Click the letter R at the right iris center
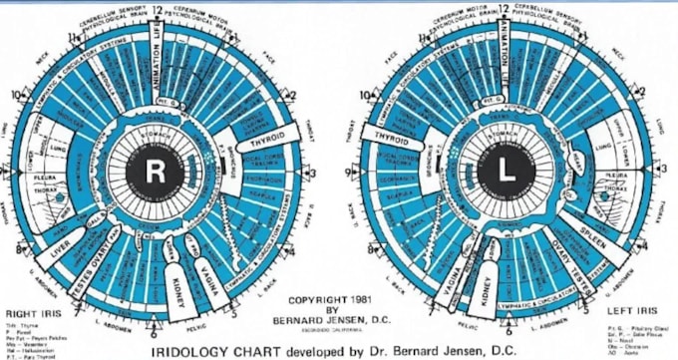point(156,172)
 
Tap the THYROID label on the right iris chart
point(263,142)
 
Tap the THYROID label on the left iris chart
point(392,137)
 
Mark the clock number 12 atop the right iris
point(156,8)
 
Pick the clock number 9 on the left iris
point(354,172)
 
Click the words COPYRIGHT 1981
point(329,298)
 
